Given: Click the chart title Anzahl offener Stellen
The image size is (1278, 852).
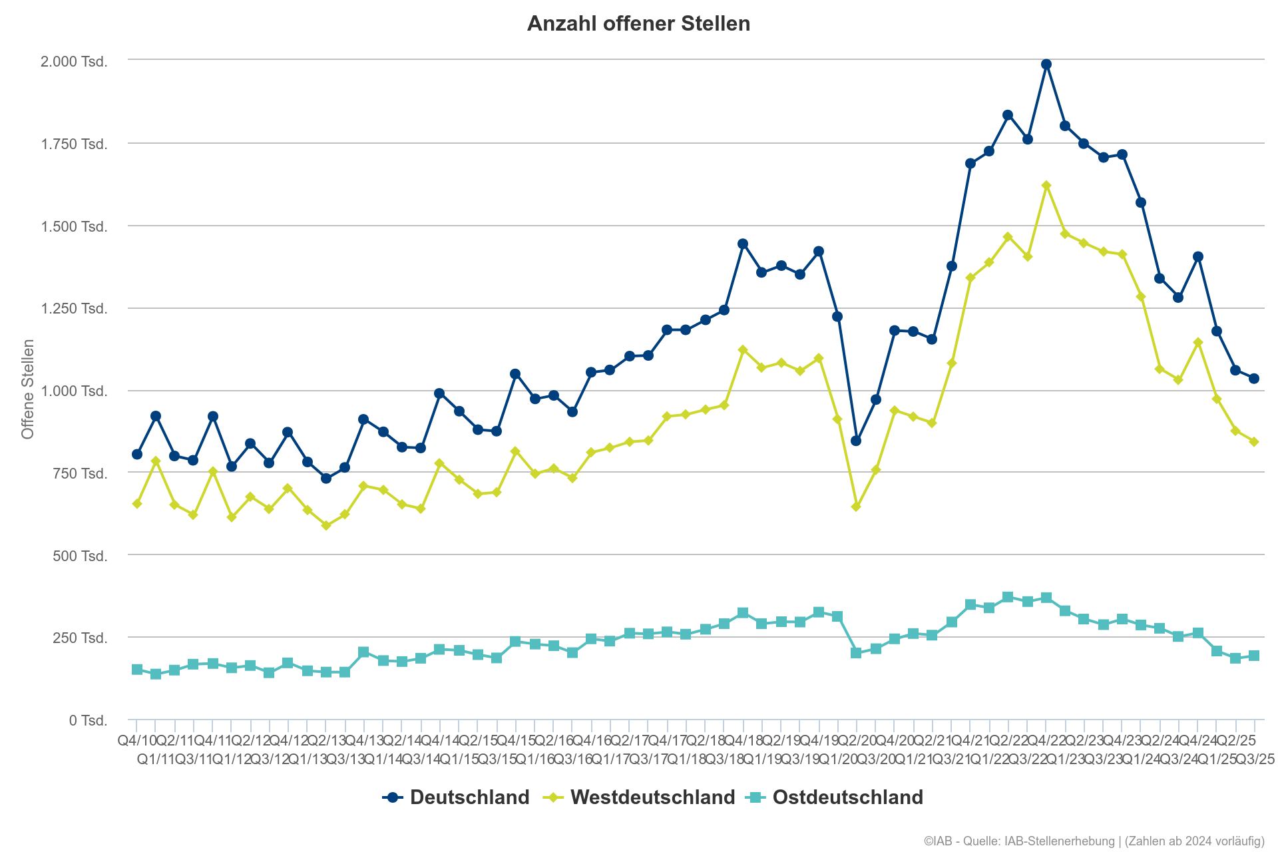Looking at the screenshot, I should (x=638, y=24).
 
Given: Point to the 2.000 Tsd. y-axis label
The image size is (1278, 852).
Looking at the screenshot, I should (x=74, y=62).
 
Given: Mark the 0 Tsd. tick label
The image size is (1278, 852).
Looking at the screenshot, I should (x=88, y=720).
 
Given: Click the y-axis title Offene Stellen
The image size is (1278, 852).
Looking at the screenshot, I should (x=28, y=389).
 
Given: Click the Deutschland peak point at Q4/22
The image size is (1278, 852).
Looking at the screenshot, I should (x=1046, y=65).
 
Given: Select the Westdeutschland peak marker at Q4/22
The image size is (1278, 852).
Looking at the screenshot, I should (x=1046, y=186).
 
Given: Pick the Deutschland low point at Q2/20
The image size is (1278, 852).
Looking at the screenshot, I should (x=856, y=441).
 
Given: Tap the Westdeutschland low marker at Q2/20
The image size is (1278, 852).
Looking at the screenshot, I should (x=856, y=507).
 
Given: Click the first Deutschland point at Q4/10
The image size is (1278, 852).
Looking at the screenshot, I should (x=137, y=454).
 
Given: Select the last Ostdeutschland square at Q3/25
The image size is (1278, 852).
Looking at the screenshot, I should (x=1253, y=656).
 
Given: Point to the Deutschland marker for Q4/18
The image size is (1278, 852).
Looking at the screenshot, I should (x=743, y=244).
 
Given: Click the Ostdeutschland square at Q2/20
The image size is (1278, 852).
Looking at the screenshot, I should (x=856, y=653).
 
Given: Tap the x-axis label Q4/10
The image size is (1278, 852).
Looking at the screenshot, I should (x=136, y=740).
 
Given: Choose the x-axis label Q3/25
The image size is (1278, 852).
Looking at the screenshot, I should (x=1254, y=759).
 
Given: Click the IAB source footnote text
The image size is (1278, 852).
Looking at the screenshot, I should (x=1093, y=841).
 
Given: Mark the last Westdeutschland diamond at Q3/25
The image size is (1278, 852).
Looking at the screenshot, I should (x=1253, y=441).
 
